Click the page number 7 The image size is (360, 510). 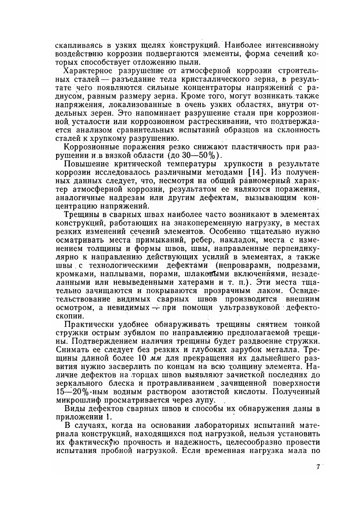pos(318,467)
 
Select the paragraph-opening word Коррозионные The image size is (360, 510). pos(90,147)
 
